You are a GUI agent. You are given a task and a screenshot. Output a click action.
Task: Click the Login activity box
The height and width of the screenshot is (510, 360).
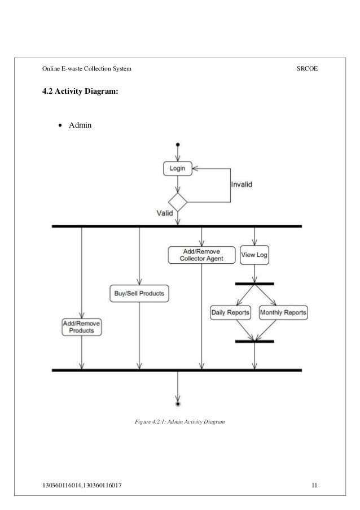pyautogui.click(x=178, y=167)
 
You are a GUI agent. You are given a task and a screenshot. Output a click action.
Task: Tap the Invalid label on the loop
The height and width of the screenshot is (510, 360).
pyautogui.click(x=242, y=184)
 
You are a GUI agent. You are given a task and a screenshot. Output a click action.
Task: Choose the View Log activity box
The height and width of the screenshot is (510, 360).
pyautogui.click(x=254, y=255)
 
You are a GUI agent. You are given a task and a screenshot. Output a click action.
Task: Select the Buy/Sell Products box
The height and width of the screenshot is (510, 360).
pyautogui.click(x=139, y=293)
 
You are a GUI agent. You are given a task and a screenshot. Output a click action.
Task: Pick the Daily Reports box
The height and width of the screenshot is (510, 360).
pyautogui.click(x=231, y=312)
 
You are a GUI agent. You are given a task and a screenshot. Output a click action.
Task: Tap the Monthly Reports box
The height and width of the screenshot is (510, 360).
pyautogui.click(x=283, y=312)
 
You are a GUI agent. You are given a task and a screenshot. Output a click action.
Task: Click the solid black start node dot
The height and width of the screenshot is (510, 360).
pyautogui.click(x=178, y=145)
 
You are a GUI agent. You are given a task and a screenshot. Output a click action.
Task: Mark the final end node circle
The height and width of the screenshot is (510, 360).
pyautogui.click(x=178, y=404)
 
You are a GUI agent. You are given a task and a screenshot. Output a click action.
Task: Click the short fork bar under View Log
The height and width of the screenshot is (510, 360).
pyautogui.click(x=254, y=284)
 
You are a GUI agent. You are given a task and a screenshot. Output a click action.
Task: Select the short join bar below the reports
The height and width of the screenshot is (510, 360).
pyautogui.click(x=254, y=342)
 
